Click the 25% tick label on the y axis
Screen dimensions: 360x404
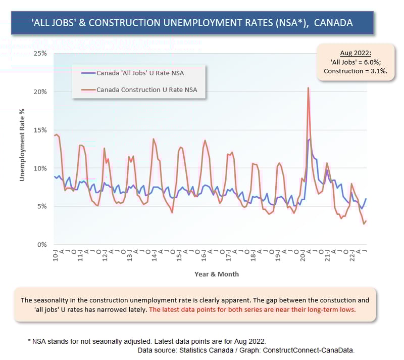pos(40,53)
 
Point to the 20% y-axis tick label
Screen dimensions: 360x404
pos(40,92)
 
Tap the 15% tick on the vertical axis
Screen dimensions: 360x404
pos(40,130)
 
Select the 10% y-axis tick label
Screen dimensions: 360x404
pos(40,168)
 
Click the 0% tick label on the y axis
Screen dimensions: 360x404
pos(42,245)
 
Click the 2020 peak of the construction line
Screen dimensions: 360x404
pos(308,88)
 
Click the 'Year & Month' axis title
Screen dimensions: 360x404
pos(217,274)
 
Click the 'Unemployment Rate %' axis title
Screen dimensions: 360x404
pos(22,144)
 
